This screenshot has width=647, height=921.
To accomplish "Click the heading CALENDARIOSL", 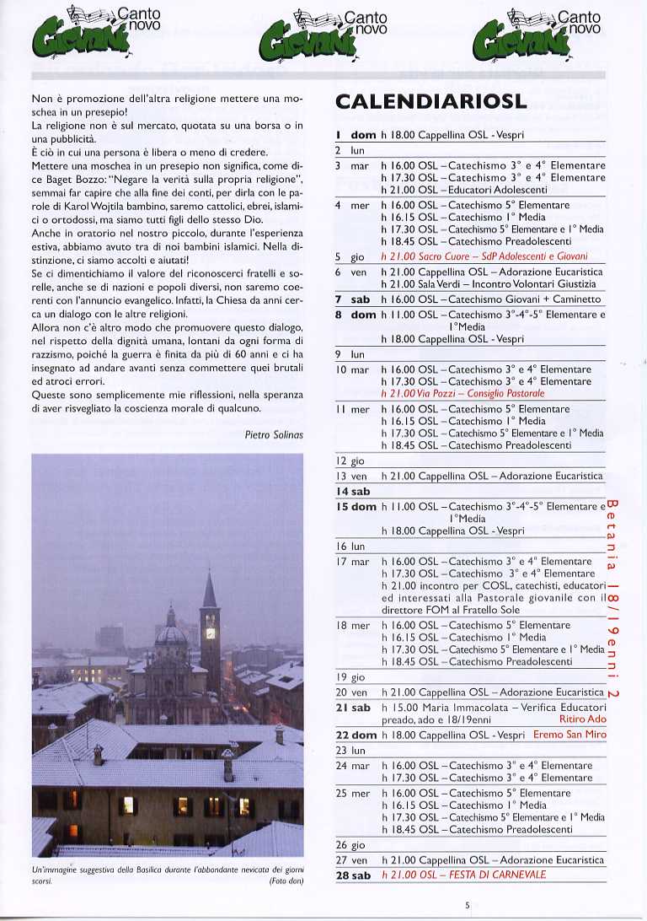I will (x=430, y=102).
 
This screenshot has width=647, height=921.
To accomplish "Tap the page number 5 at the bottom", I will (x=466, y=906).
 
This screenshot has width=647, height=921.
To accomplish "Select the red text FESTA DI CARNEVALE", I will (x=474, y=875).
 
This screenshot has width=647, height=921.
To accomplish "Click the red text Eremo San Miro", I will (x=569, y=735).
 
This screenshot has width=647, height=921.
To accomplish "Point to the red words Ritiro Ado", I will (x=582, y=719).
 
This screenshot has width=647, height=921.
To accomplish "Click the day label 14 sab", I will (x=353, y=491).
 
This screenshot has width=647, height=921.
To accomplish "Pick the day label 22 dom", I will (x=356, y=735).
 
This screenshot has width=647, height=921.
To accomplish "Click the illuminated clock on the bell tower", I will (x=210, y=633).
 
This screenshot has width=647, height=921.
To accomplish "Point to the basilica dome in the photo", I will (x=172, y=631).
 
